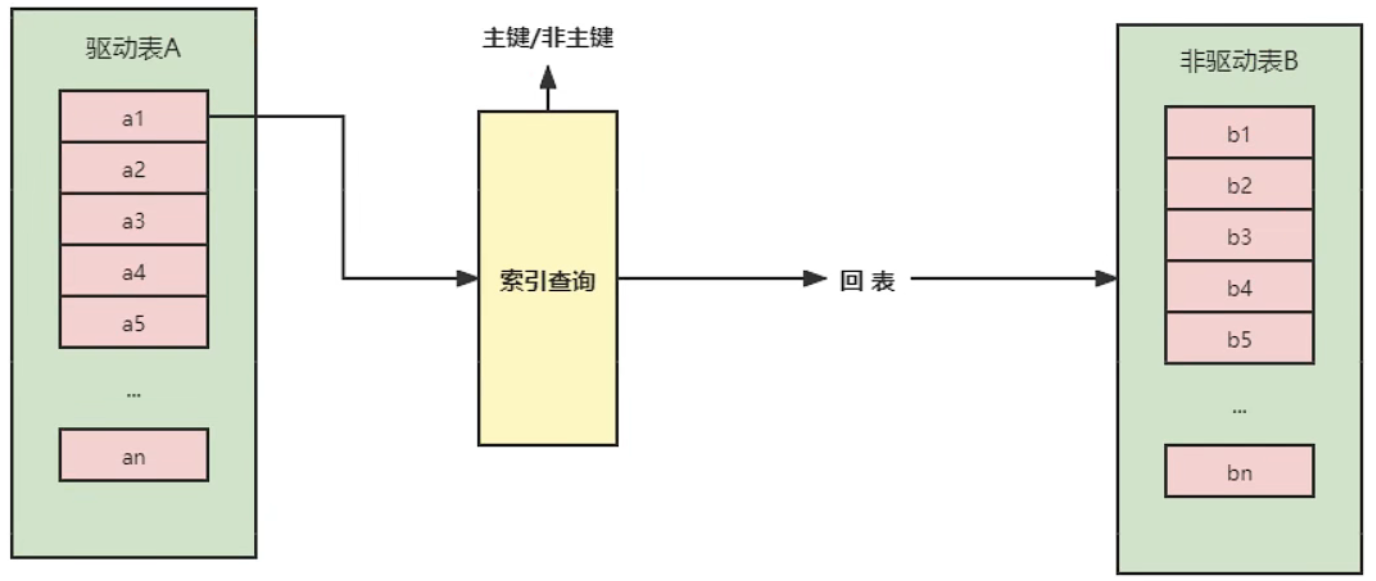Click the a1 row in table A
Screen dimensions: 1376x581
[x=134, y=116]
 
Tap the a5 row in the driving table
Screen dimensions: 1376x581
[x=134, y=322]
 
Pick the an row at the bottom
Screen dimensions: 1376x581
[x=134, y=455]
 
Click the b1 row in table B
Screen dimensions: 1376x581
[x=1239, y=133]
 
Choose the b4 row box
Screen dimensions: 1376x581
[x=1239, y=287]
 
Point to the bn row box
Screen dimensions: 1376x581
[x=1239, y=471]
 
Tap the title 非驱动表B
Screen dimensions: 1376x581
[x=1239, y=62]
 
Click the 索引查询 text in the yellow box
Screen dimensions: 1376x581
[x=547, y=281]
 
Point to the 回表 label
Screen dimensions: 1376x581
[x=868, y=282]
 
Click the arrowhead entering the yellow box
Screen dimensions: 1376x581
[x=468, y=279]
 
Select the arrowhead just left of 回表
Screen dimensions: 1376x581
[x=816, y=279]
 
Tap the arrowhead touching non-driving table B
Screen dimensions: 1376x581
[x=1105, y=279]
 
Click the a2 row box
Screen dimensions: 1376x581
[x=134, y=168]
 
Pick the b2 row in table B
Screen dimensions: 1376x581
[x=1239, y=185]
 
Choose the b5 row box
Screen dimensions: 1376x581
[x=1239, y=338]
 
